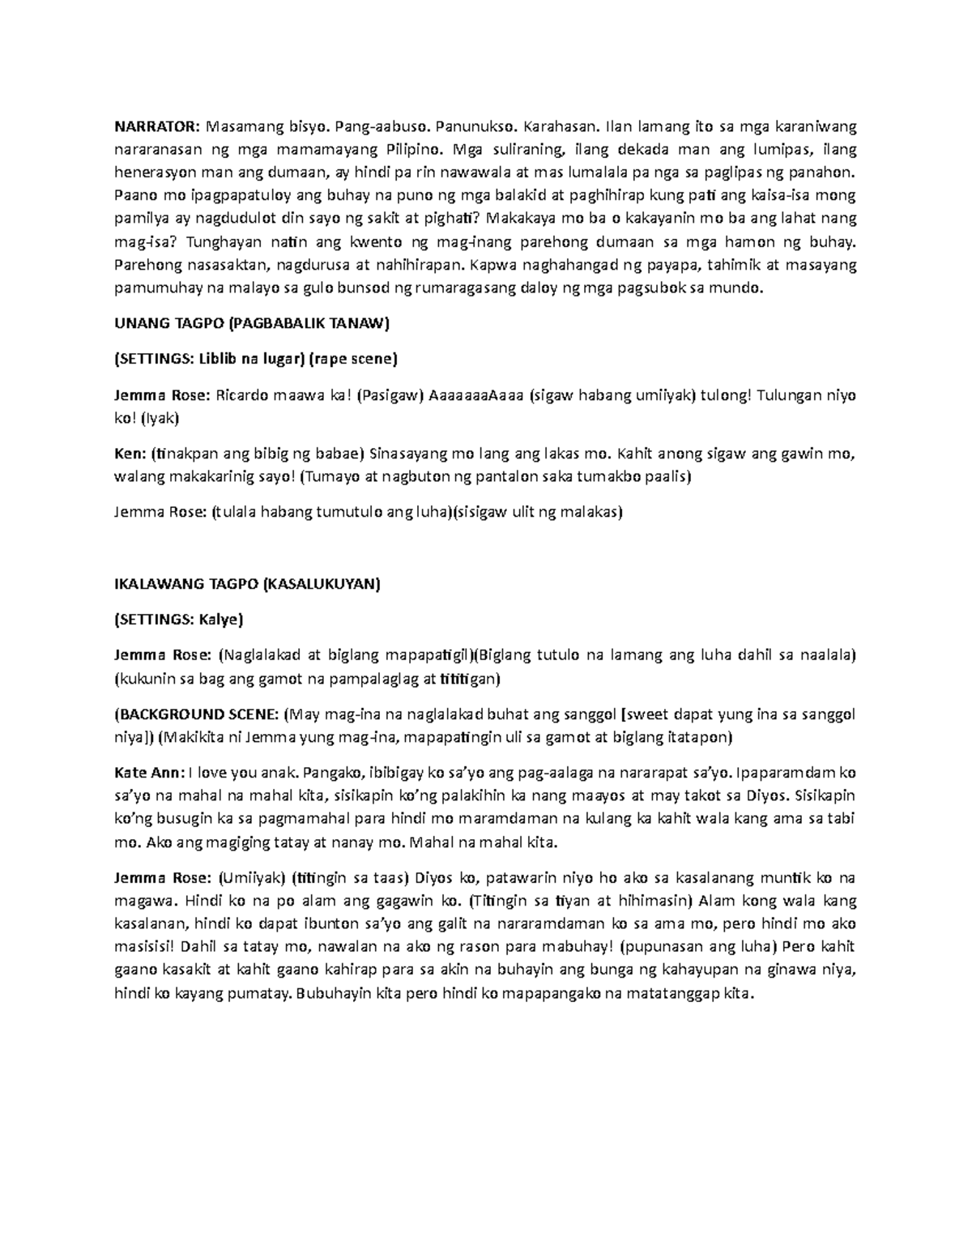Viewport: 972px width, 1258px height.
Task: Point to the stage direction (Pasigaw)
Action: tap(391, 394)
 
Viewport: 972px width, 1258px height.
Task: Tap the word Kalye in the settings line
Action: tap(219, 619)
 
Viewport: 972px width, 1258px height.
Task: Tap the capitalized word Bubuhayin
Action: tap(335, 993)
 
